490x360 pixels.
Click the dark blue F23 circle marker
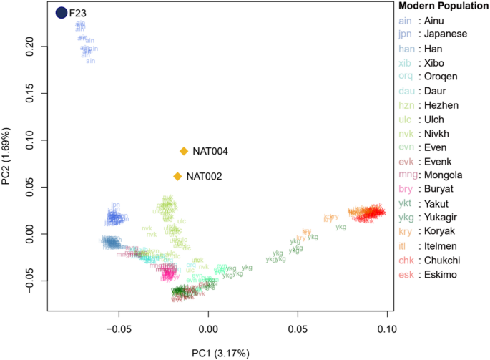point(62,12)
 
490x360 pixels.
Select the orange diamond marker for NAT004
point(184,151)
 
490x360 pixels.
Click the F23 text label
point(78,13)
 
